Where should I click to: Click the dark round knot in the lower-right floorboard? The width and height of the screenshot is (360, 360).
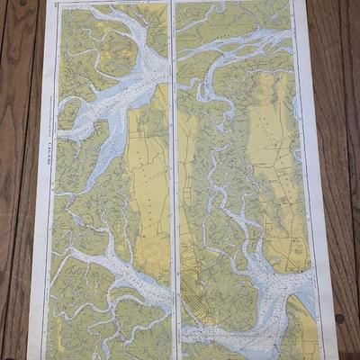click(x=340, y=318)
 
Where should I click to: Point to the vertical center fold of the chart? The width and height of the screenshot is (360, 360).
click(x=172, y=180)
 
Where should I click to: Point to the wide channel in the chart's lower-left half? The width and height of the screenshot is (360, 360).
click(x=108, y=270)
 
